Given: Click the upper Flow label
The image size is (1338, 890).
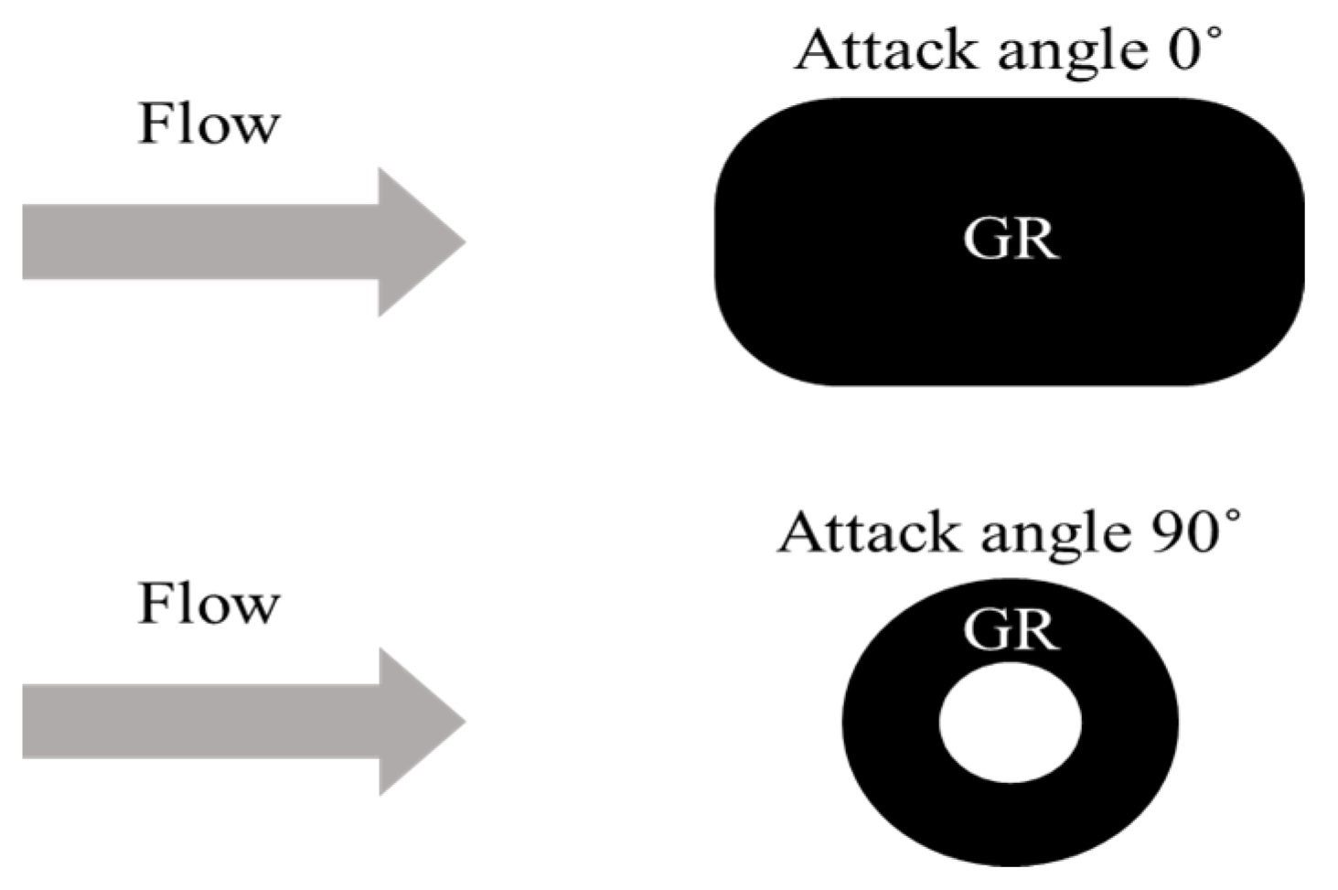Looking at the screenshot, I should click(x=209, y=124).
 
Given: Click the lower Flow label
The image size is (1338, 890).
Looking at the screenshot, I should click(x=209, y=605).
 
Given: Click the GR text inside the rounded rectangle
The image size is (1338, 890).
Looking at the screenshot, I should click(x=1011, y=240).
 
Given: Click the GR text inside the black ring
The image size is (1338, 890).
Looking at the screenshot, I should click(x=1011, y=630).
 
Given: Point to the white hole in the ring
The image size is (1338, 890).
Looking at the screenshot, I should click(x=1011, y=723).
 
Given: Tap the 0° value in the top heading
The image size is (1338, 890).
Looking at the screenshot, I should click(x=1193, y=48).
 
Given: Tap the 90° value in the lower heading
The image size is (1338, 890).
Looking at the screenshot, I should click(x=1193, y=531).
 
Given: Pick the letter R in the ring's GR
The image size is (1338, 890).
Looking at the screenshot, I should click(x=1037, y=630).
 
